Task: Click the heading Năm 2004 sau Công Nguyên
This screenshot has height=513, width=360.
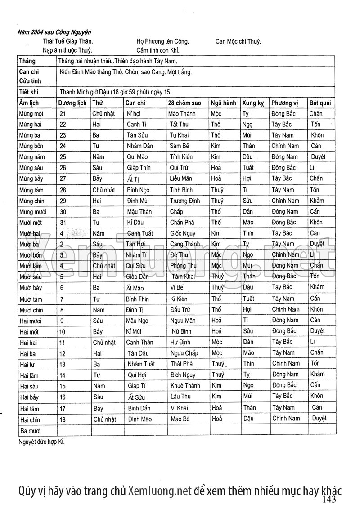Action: pyautogui.click(x=54, y=32)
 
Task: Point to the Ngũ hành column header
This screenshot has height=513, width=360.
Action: pyautogui.click(x=224, y=103)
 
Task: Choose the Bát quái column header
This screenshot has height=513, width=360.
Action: pyautogui.click(x=320, y=103)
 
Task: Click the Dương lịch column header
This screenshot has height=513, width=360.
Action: pyautogui.click(x=73, y=103)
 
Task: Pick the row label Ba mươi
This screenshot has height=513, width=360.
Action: pyautogui.click(x=30, y=430)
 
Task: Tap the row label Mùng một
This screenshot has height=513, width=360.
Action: pyautogui.click(x=31, y=114)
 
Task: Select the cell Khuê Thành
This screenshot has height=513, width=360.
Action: pyautogui.click(x=185, y=385)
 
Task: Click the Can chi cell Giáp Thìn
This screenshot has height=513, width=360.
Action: pyautogui.click(x=139, y=168)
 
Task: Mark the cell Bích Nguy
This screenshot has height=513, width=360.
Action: pyautogui.click(x=183, y=375)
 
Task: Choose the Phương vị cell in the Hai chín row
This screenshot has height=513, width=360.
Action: pyautogui.click(x=286, y=419)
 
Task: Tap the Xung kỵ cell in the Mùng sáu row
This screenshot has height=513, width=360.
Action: pyautogui.click(x=248, y=168)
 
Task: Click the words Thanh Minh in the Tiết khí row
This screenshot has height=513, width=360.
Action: pyautogui.click(x=75, y=92)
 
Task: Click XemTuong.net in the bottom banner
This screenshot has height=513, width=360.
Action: pyautogui.click(x=160, y=491)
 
